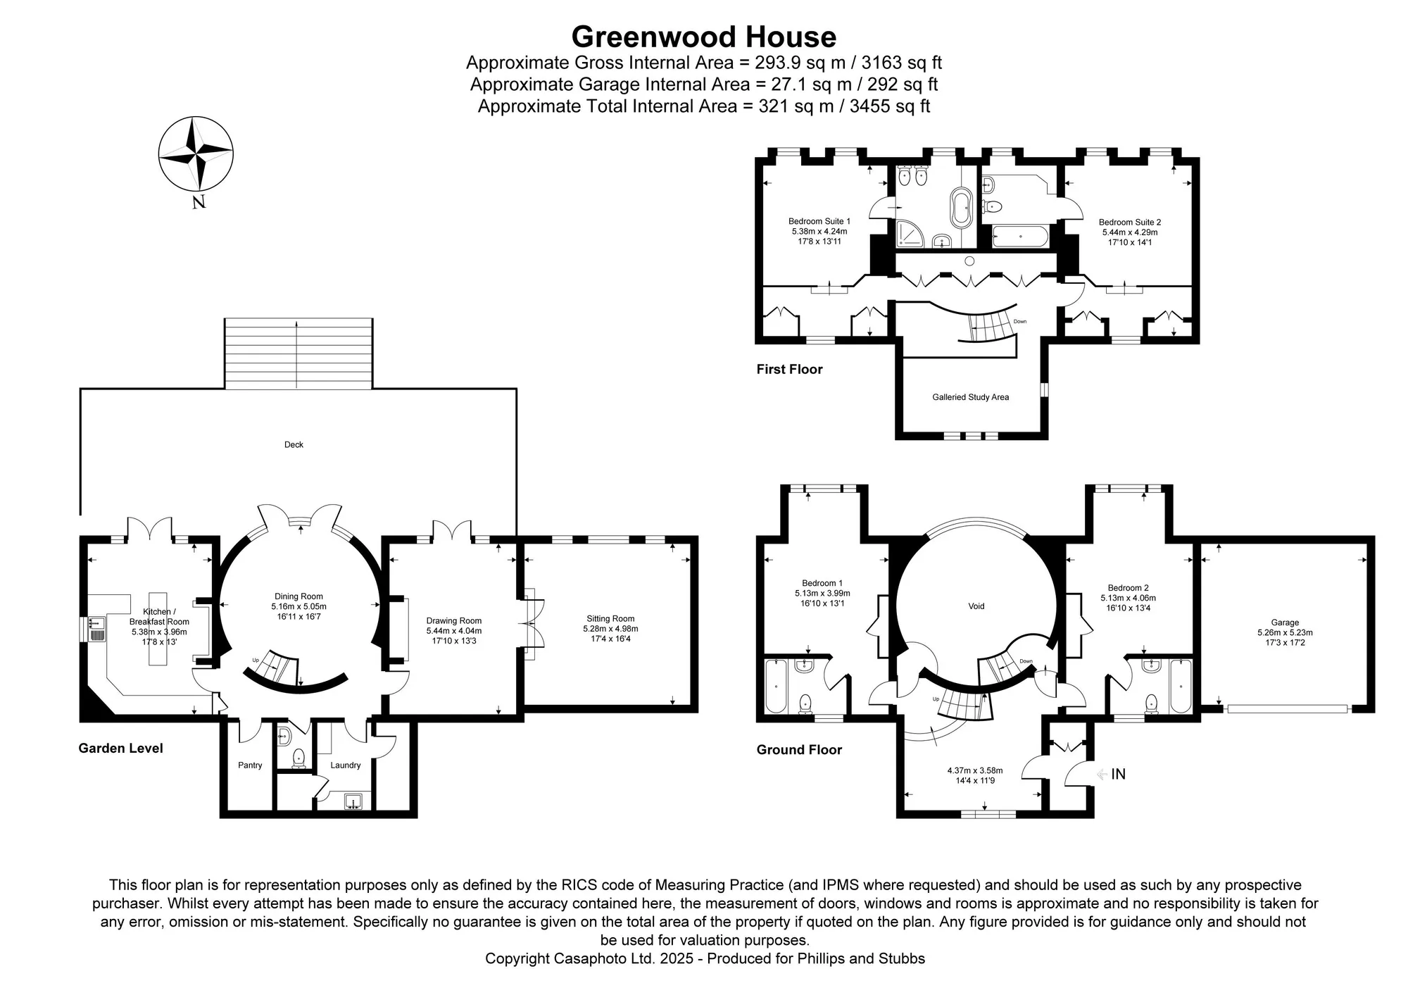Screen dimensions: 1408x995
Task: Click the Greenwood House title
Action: [x=704, y=37]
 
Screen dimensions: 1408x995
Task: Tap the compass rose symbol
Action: [x=196, y=154]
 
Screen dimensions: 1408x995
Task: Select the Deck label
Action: [x=294, y=444]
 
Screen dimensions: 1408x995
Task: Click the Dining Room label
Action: [x=298, y=596]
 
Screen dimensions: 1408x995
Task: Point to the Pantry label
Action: [x=250, y=765]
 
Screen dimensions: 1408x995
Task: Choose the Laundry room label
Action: [x=345, y=765]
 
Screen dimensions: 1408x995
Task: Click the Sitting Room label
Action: [x=610, y=619]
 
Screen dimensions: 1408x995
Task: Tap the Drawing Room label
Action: [x=454, y=621]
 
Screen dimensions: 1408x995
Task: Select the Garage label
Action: [x=1285, y=622]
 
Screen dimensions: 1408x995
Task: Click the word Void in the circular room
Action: [x=976, y=606]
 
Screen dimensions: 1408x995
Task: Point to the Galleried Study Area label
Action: [x=971, y=397]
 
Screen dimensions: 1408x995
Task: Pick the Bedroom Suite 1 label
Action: [x=819, y=221]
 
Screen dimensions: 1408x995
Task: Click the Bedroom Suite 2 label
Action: [x=1130, y=223]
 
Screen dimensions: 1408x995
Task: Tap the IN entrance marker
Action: [x=1118, y=775]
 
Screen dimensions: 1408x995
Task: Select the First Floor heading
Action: [x=789, y=370]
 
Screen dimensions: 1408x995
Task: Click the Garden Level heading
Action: [x=120, y=749]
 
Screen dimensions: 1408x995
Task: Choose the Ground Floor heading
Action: [x=799, y=750]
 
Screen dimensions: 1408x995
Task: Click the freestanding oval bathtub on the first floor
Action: [x=961, y=207]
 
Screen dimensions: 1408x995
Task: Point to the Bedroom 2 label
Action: [x=1128, y=588]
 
